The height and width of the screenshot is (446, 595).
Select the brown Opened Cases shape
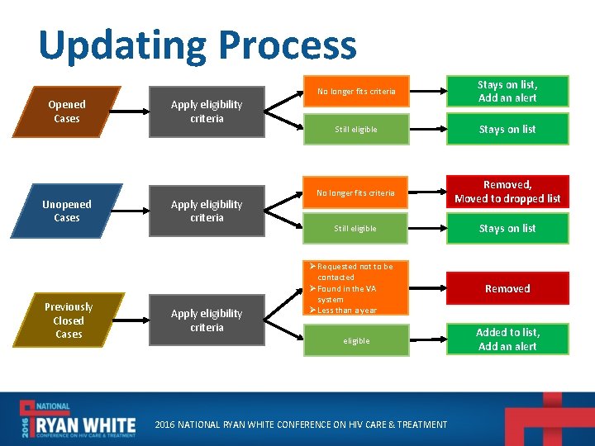(67, 111)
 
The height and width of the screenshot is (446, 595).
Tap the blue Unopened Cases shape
(67, 211)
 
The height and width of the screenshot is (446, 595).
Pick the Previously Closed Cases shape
(69, 320)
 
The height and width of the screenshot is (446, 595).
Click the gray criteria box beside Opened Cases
(207, 111)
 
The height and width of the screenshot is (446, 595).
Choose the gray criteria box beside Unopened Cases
(207, 211)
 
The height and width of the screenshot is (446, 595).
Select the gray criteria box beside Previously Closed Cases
(207, 320)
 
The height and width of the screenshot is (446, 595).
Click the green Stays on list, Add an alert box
(507, 91)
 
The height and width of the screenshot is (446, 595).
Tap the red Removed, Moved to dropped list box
(507, 192)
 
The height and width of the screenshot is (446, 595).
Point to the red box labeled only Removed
(507, 288)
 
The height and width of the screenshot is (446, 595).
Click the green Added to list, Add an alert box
(507, 339)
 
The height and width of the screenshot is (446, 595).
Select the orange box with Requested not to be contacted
(356, 272)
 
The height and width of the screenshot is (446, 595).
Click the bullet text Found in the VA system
(347, 293)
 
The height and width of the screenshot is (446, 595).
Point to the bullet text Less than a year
(347, 311)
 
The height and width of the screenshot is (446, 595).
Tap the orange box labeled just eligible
(356, 340)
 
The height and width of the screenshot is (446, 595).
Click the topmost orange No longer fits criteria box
(356, 91)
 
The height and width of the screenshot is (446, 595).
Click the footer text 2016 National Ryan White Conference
(302, 425)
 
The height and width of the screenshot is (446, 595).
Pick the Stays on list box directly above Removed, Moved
(507, 130)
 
